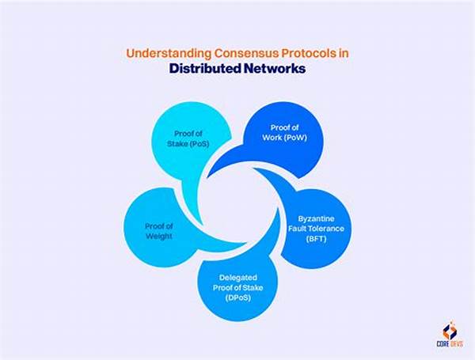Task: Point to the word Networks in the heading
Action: coord(276,69)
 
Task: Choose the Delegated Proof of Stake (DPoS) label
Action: coord(237,287)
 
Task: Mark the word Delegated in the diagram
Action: coord(237,277)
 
